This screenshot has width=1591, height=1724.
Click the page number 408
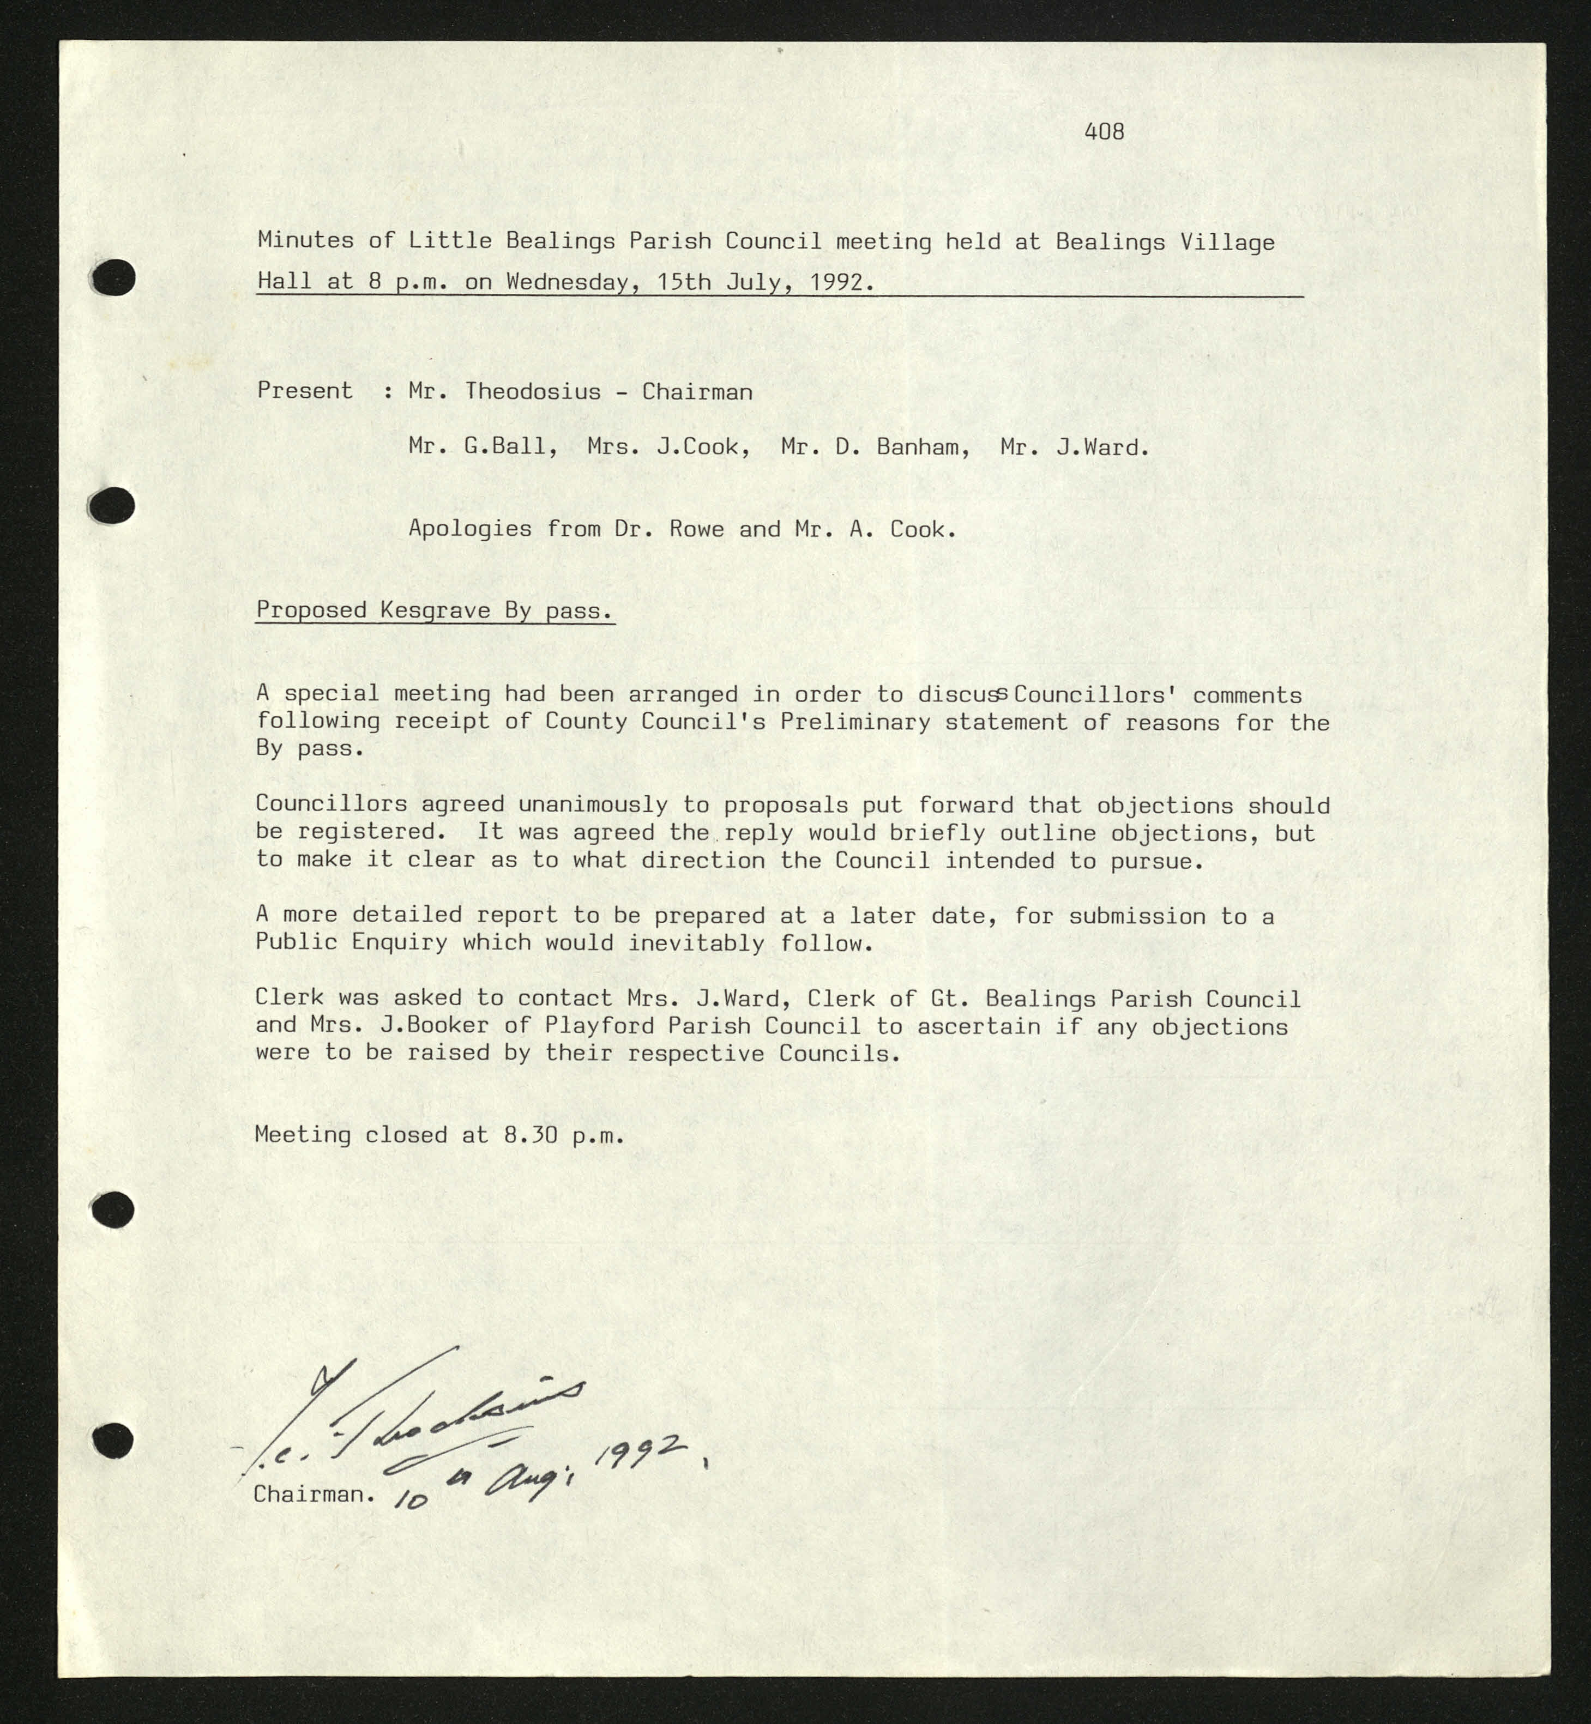click(1104, 132)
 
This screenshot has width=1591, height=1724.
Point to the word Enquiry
click(400, 942)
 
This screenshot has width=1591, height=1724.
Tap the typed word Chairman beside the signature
click(314, 1494)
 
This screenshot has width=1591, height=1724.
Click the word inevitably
click(696, 942)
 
